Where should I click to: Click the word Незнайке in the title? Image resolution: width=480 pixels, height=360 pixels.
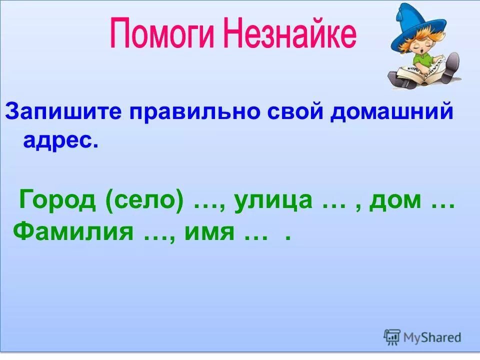coord(290,34)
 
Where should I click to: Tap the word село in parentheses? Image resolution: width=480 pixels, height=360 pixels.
coord(144,201)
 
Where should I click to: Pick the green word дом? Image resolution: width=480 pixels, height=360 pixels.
coord(393,201)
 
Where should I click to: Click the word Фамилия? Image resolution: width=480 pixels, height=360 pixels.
coord(73,231)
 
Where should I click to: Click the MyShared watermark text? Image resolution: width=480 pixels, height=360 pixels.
coord(431,337)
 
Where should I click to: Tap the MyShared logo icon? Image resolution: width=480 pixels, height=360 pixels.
coord(392,337)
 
